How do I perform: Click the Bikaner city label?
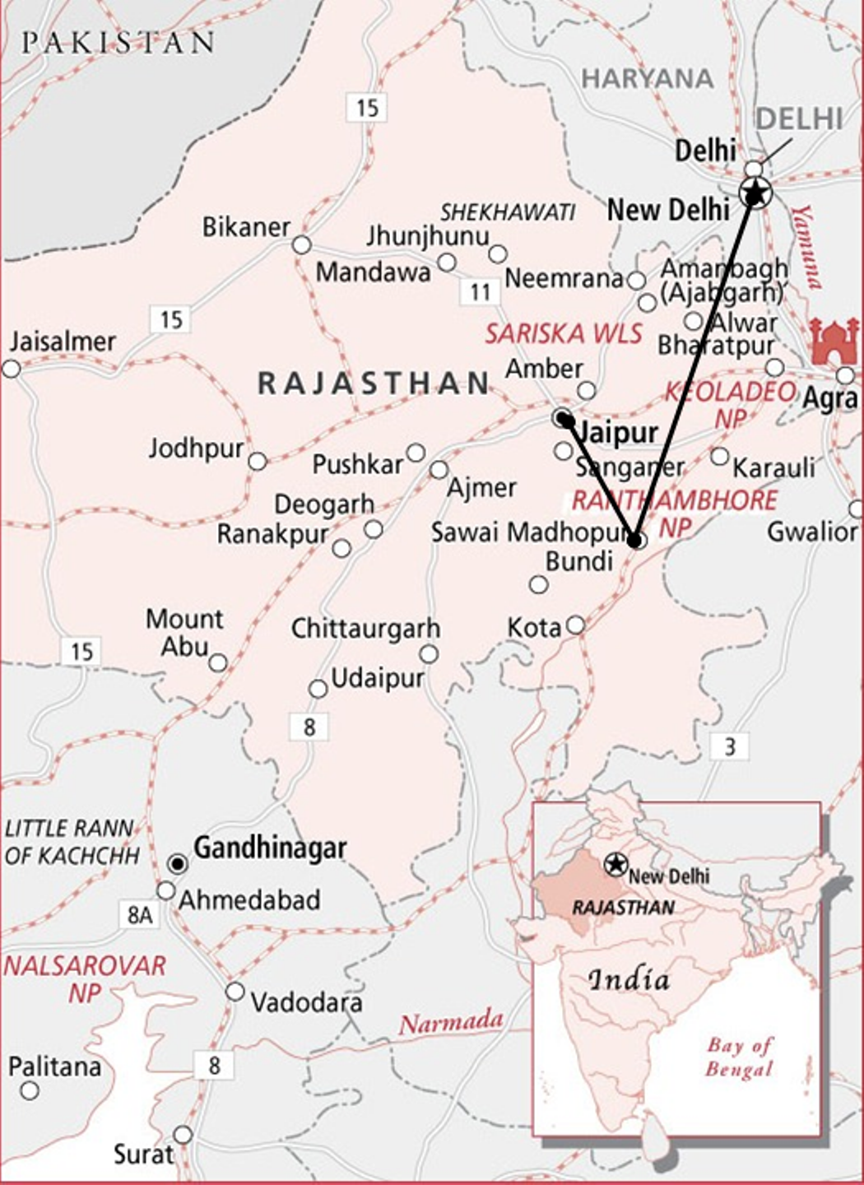pyautogui.click(x=246, y=227)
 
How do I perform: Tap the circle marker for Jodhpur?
pyautogui.click(x=258, y=462)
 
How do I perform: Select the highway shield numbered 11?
pyautogui.click(x=480, y=291)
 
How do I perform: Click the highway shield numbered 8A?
pyautogui.click(x=140, y=914)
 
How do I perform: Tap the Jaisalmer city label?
pyautogui.click(x=63, y=342)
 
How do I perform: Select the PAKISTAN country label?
pyautogui.click(x=118, y=43)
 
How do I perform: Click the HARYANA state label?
pyautogui.click(x=648, y=79)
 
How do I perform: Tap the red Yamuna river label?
pyautogui.click(x=807, y=247)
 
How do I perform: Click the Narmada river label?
pyautogui.click(x=450, y=1022)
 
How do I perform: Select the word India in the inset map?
pyautogui.click(x=629, y=979)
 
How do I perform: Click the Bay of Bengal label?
pyautogui.click(x=739, y=1057)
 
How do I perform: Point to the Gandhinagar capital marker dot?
pyautogui.click(x=178, y=864)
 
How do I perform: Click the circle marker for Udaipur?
pyautogui.click(x=318, y=689)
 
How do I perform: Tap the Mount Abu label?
pyautogui.click(x=184, y=632)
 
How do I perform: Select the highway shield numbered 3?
pyautogui.click(x=729, y=746)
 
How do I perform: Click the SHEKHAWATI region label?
pyautogui.click(x=507, y=212)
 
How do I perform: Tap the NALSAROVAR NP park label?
pyautogui.click(x=84, y=978)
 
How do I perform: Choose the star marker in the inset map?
pyautogui.click(x=615, y=864)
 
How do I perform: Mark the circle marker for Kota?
pyautogui.click(x=575, y=625)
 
